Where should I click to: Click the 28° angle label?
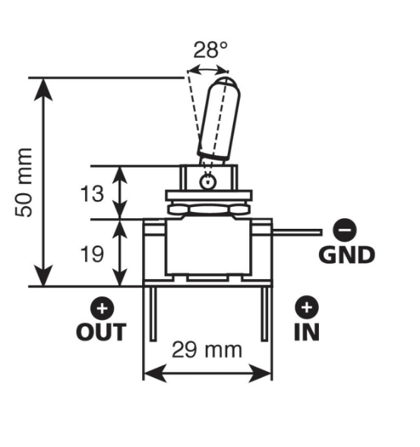pyautogui.click(x=210, y=50)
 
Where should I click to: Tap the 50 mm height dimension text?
pyautogui.click(x=24, y=182)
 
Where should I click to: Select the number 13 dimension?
pyautogui.click(x=92, y=194)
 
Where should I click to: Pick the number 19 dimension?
pyautogui.click(x=92, y=254)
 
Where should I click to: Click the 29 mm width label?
pyautogui.click(x=207, y=350)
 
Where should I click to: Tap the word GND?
pyautogui.click(x=346, y=255)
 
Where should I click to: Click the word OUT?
pyautogui.click(x=101, y=332)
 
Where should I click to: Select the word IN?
pyautogui.click(x=307, y=332)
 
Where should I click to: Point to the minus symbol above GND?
pyautogui.click(x=345, y=230)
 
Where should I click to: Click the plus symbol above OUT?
pyautogui.click(x=103, y=309)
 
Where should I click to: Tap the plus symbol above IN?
pyautogui.click(x=307, y=307)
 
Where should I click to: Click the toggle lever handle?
pyautogui.click(x=219, y=120)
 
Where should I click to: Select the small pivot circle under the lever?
pyautogui.click(x=208, y=182)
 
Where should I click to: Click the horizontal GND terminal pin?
pyautogui.click(x=297, y=232)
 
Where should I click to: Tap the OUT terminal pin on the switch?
pyautogui.click(x=153, y=314)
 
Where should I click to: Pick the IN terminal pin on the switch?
pyautogui.click(x=264, y=314)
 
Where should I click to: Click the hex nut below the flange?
pyautogui.click(x=208, y=210)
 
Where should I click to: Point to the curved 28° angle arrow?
pyautogui.click(x=208, y=68)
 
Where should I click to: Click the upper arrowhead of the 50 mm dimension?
pyautogui.click(x=43, y=90)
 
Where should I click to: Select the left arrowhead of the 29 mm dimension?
pyautogui.click(x=155, y=372)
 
